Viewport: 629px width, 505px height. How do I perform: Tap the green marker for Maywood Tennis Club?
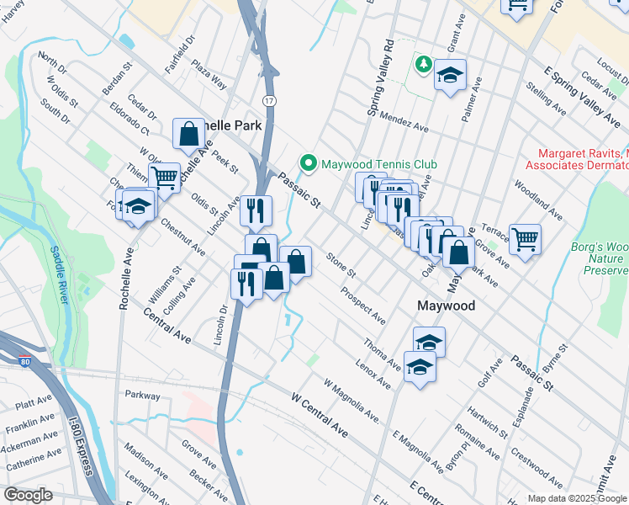[308, 163]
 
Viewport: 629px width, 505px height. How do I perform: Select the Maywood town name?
[446, 306]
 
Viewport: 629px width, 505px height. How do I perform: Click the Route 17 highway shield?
[268, 100]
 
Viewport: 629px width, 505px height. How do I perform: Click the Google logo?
[28, 495]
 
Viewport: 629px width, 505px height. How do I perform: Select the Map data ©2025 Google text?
[577, 498]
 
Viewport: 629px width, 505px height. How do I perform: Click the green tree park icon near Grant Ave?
[425, 64]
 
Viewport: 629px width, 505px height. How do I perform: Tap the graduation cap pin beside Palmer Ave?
[450, 75]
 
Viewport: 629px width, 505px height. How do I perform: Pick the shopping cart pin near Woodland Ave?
[525, 239]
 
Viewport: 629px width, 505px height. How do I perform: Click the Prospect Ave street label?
[363, 306]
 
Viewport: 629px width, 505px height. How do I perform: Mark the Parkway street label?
[142, 395]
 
